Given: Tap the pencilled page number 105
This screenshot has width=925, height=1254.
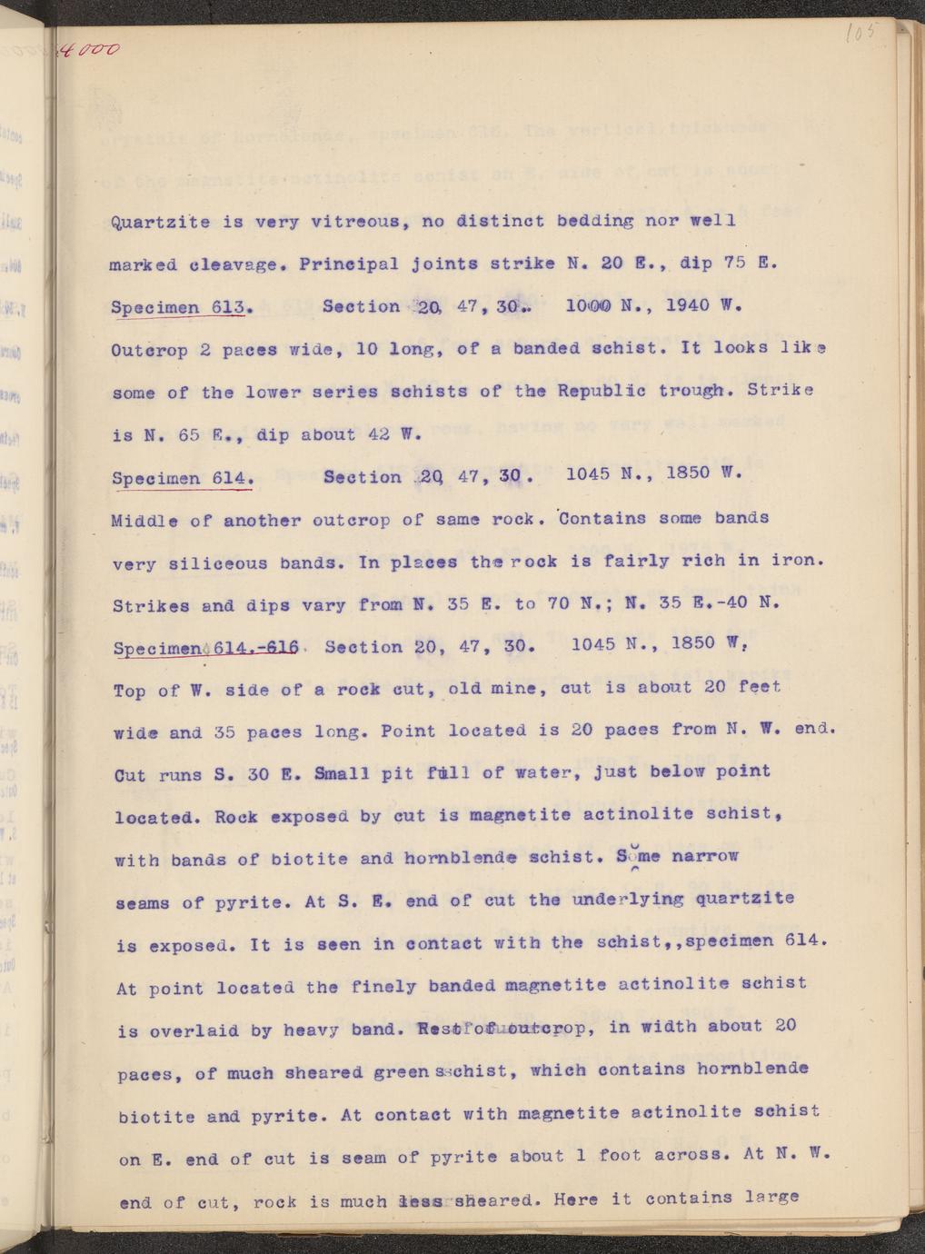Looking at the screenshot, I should click(x=857, y=33).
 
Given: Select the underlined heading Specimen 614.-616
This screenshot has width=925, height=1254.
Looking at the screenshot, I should click(x=208, y=649).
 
